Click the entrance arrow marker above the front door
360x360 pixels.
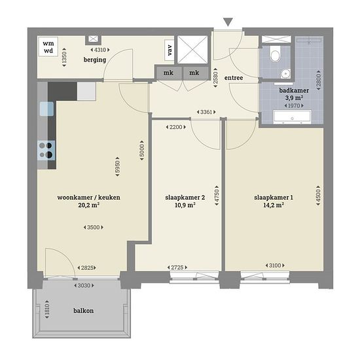228,22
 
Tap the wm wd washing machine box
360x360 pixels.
48,47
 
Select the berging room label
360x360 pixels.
95,60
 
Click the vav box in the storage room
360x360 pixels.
170,50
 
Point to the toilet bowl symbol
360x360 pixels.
275,54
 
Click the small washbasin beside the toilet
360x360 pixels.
285,74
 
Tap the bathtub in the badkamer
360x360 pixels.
292,117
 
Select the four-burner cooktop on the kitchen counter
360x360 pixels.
46,151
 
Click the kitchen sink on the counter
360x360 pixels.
46,109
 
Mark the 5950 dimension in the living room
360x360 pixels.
117,167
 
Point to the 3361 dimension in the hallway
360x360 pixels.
206,112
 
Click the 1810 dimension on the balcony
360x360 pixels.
47,309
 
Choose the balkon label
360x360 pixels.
83,311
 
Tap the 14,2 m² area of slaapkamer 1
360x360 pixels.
274,205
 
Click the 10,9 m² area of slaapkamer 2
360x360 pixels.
185,205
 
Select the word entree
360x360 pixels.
234,78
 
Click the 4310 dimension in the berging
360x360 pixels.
100,50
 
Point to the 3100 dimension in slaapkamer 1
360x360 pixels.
275,265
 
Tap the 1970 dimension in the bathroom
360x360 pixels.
294,105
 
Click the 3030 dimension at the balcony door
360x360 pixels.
84,285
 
